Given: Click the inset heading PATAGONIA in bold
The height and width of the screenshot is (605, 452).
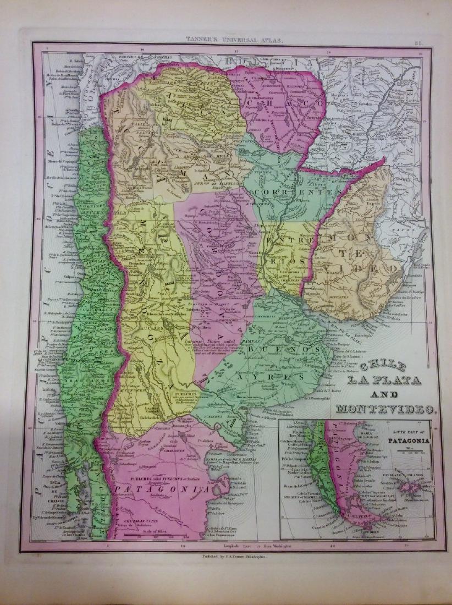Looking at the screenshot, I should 407,441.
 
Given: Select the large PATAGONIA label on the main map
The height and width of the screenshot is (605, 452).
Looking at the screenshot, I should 162,487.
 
